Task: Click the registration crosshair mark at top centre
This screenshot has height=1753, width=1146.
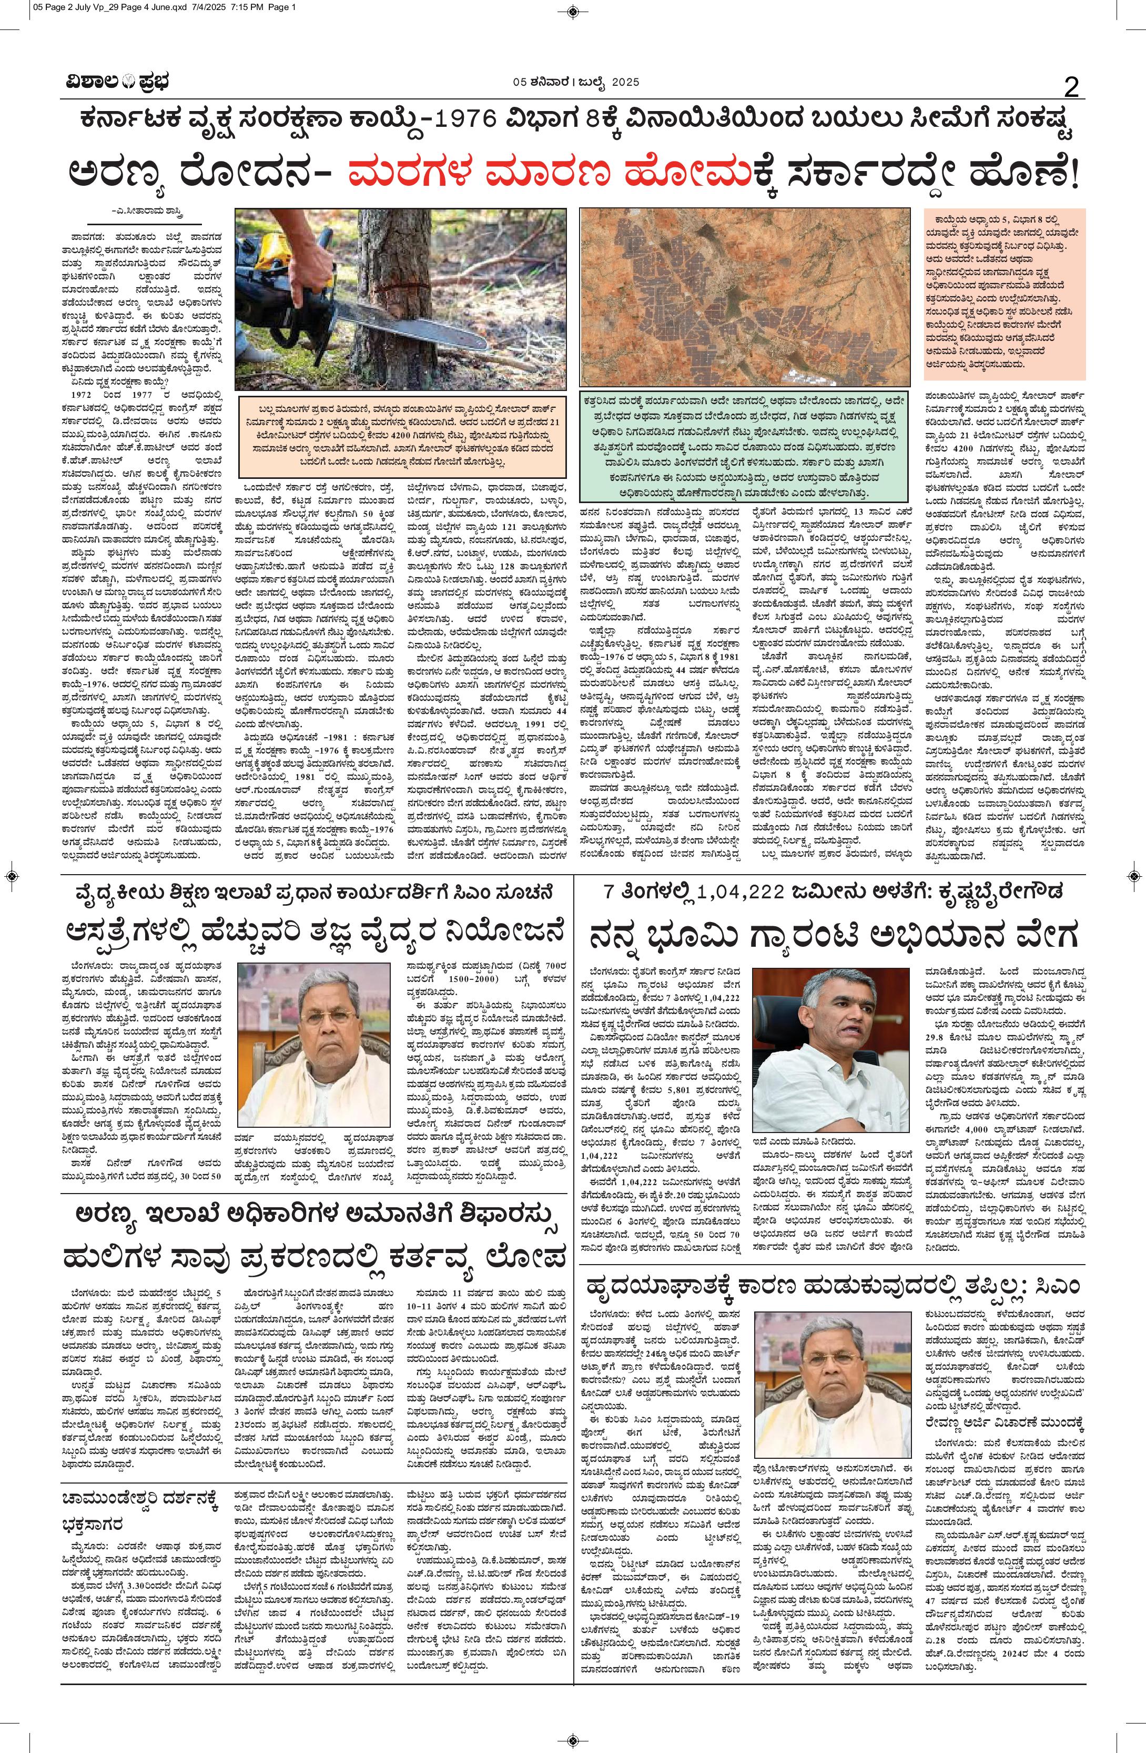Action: click(x=573, y=11)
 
